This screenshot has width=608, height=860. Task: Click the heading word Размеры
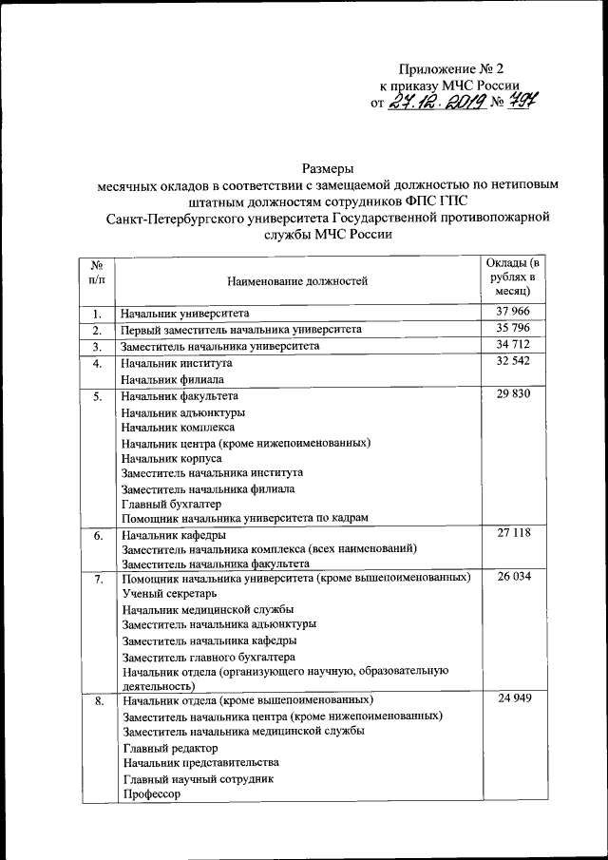click(328, 167)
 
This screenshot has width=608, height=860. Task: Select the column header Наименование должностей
click(296, 280)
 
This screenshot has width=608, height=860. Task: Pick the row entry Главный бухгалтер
click(171, 504)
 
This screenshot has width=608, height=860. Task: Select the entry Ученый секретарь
click(169, 593)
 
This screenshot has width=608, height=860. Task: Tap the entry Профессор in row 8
click(151, 794)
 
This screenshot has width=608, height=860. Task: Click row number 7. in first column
click(97, 578)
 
